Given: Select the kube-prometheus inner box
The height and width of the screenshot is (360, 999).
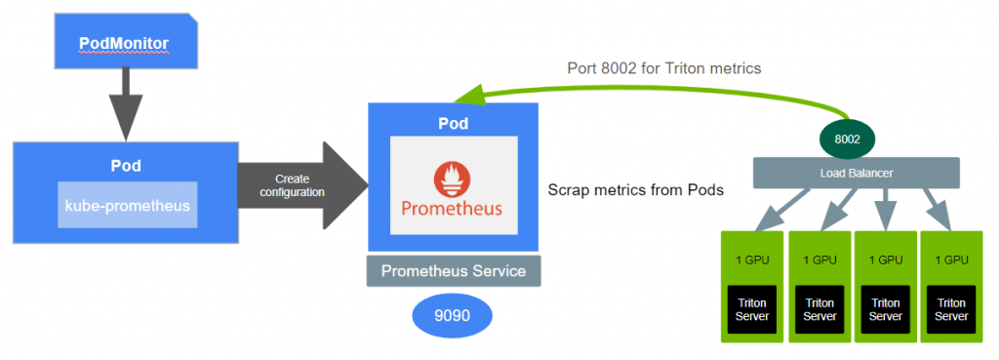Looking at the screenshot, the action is tap(128, 205).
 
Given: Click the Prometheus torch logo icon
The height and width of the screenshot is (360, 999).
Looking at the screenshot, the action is tap(453, 180).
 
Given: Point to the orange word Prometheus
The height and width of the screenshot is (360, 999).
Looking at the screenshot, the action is tap(452, 209).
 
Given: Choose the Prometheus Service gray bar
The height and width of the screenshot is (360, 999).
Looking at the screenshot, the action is tap(454, 271).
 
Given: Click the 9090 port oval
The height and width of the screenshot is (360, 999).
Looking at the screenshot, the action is tap(453, 315).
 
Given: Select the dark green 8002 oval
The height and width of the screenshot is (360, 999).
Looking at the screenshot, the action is tap(847, 140).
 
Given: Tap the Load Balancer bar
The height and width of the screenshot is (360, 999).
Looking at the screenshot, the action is tap(857, 173).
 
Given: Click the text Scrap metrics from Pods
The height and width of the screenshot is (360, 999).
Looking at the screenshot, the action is tap(636, 190).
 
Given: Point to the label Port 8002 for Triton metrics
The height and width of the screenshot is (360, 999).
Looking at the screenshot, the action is tap(664, 68).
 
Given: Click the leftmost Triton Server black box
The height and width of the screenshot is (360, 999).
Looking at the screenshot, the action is tap(752, 309).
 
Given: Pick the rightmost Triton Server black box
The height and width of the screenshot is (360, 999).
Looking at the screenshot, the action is tap(951, 309).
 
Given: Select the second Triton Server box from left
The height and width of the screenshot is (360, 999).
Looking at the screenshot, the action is tap(819, 309).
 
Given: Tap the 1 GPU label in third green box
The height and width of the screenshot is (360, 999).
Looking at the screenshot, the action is tap(886, 260).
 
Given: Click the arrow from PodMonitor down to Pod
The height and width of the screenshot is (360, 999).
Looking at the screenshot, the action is tap(126, 103).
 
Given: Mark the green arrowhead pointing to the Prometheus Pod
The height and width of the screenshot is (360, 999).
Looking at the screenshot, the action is tap(469, 96).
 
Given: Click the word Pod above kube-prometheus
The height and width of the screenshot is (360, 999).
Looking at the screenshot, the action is tap(126, 166).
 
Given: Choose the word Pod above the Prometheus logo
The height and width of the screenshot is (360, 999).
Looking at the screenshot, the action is tap(453, 123).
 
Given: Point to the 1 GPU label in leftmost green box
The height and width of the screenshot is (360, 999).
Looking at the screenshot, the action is tap(752, 260).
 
